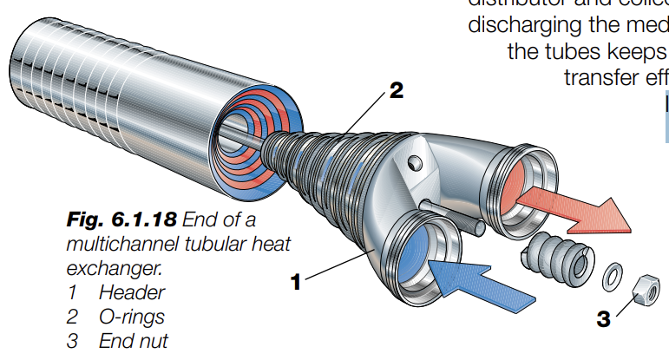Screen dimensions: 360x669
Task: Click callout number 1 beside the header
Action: (295, 281)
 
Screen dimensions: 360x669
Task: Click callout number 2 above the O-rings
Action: (396, 91)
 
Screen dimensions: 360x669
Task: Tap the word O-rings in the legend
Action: (131, 317)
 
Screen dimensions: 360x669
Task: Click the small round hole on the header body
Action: (415, 162)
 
